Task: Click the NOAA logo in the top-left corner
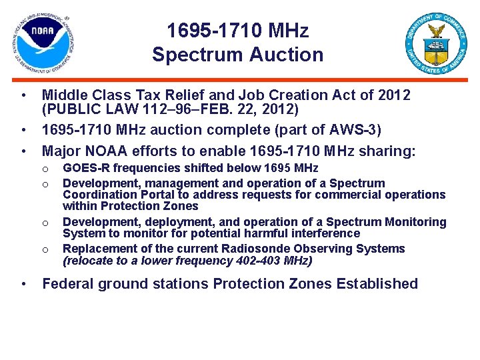43,43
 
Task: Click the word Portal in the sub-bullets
161,195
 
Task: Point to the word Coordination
97,195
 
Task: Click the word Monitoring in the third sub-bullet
411,222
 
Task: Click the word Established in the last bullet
377,284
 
